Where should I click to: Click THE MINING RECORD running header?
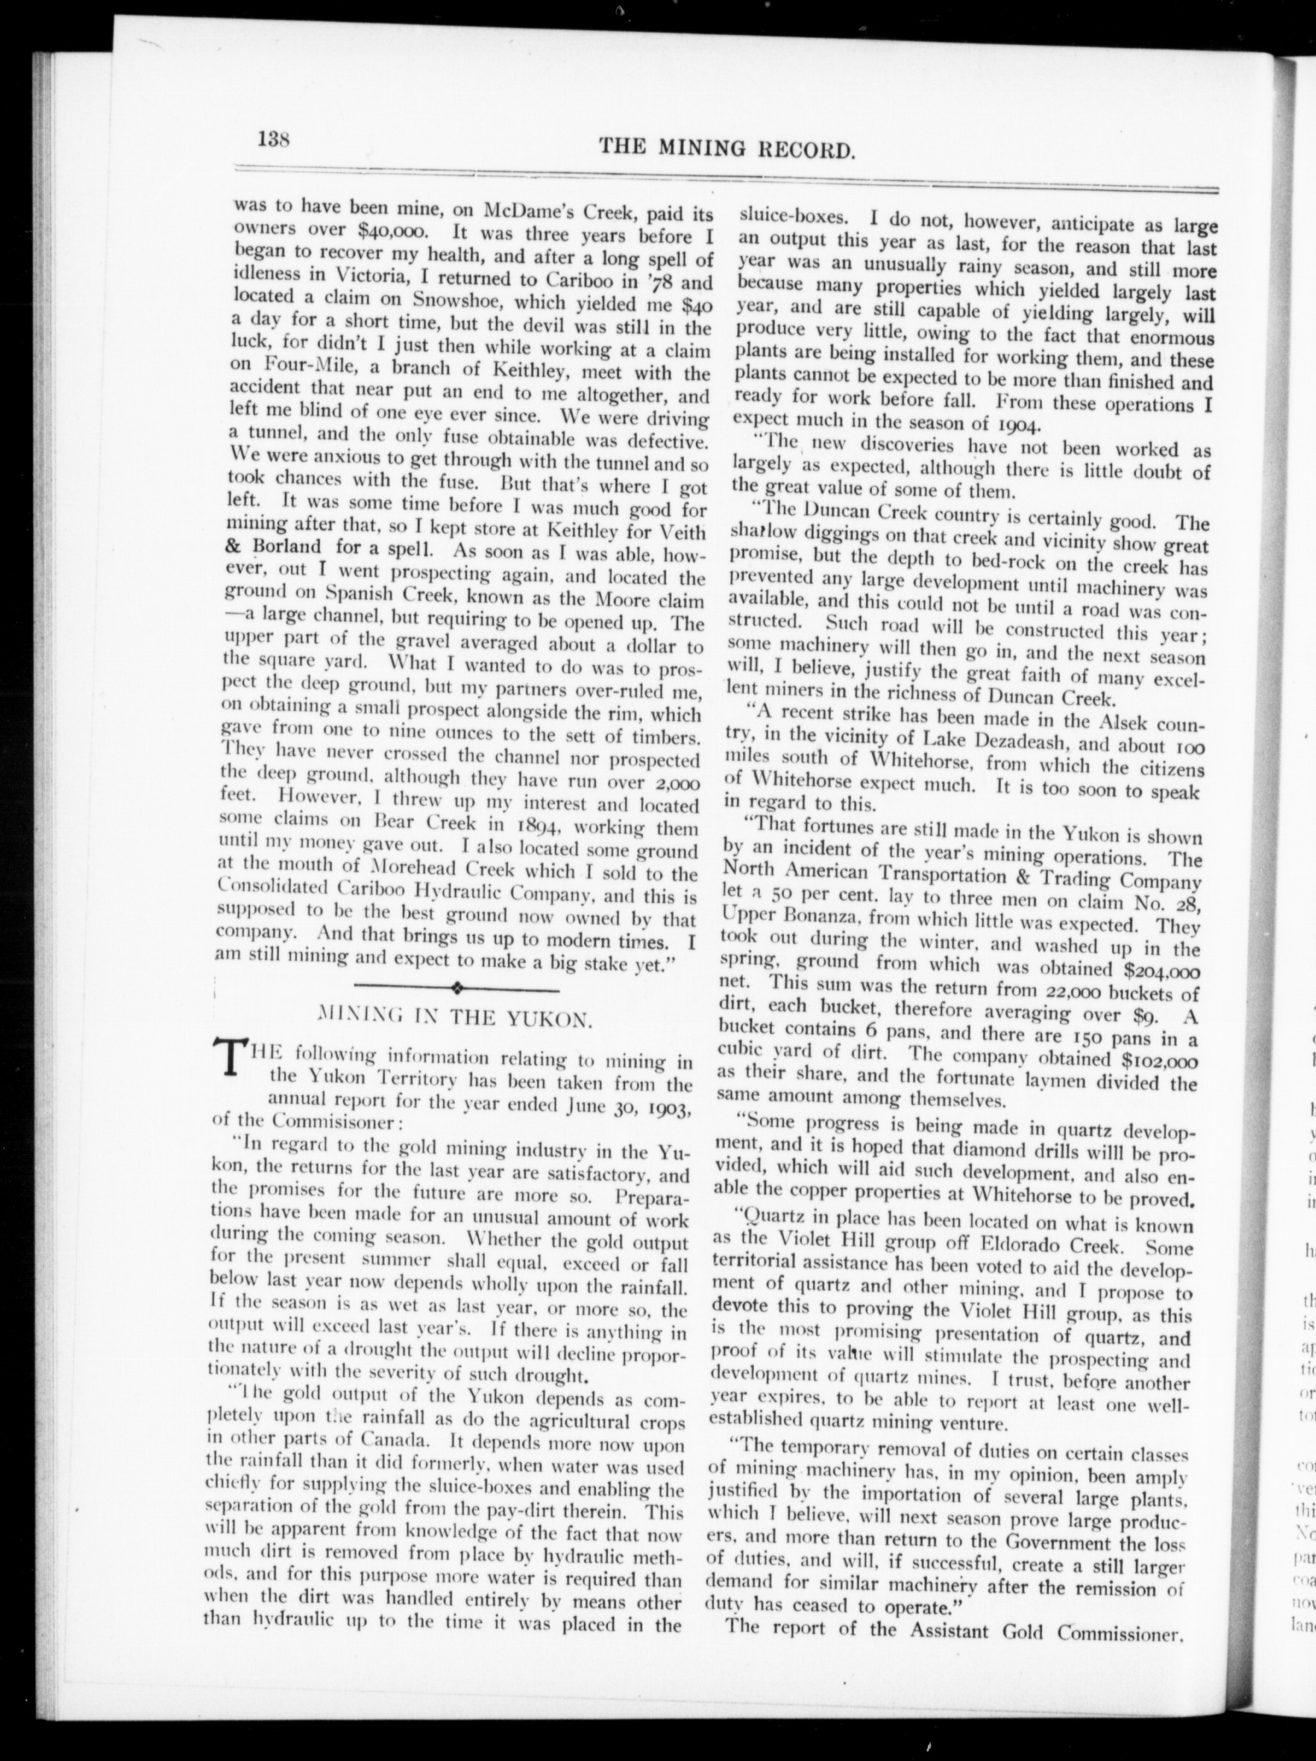click(727, 147)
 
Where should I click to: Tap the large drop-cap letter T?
click(229, 1063)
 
